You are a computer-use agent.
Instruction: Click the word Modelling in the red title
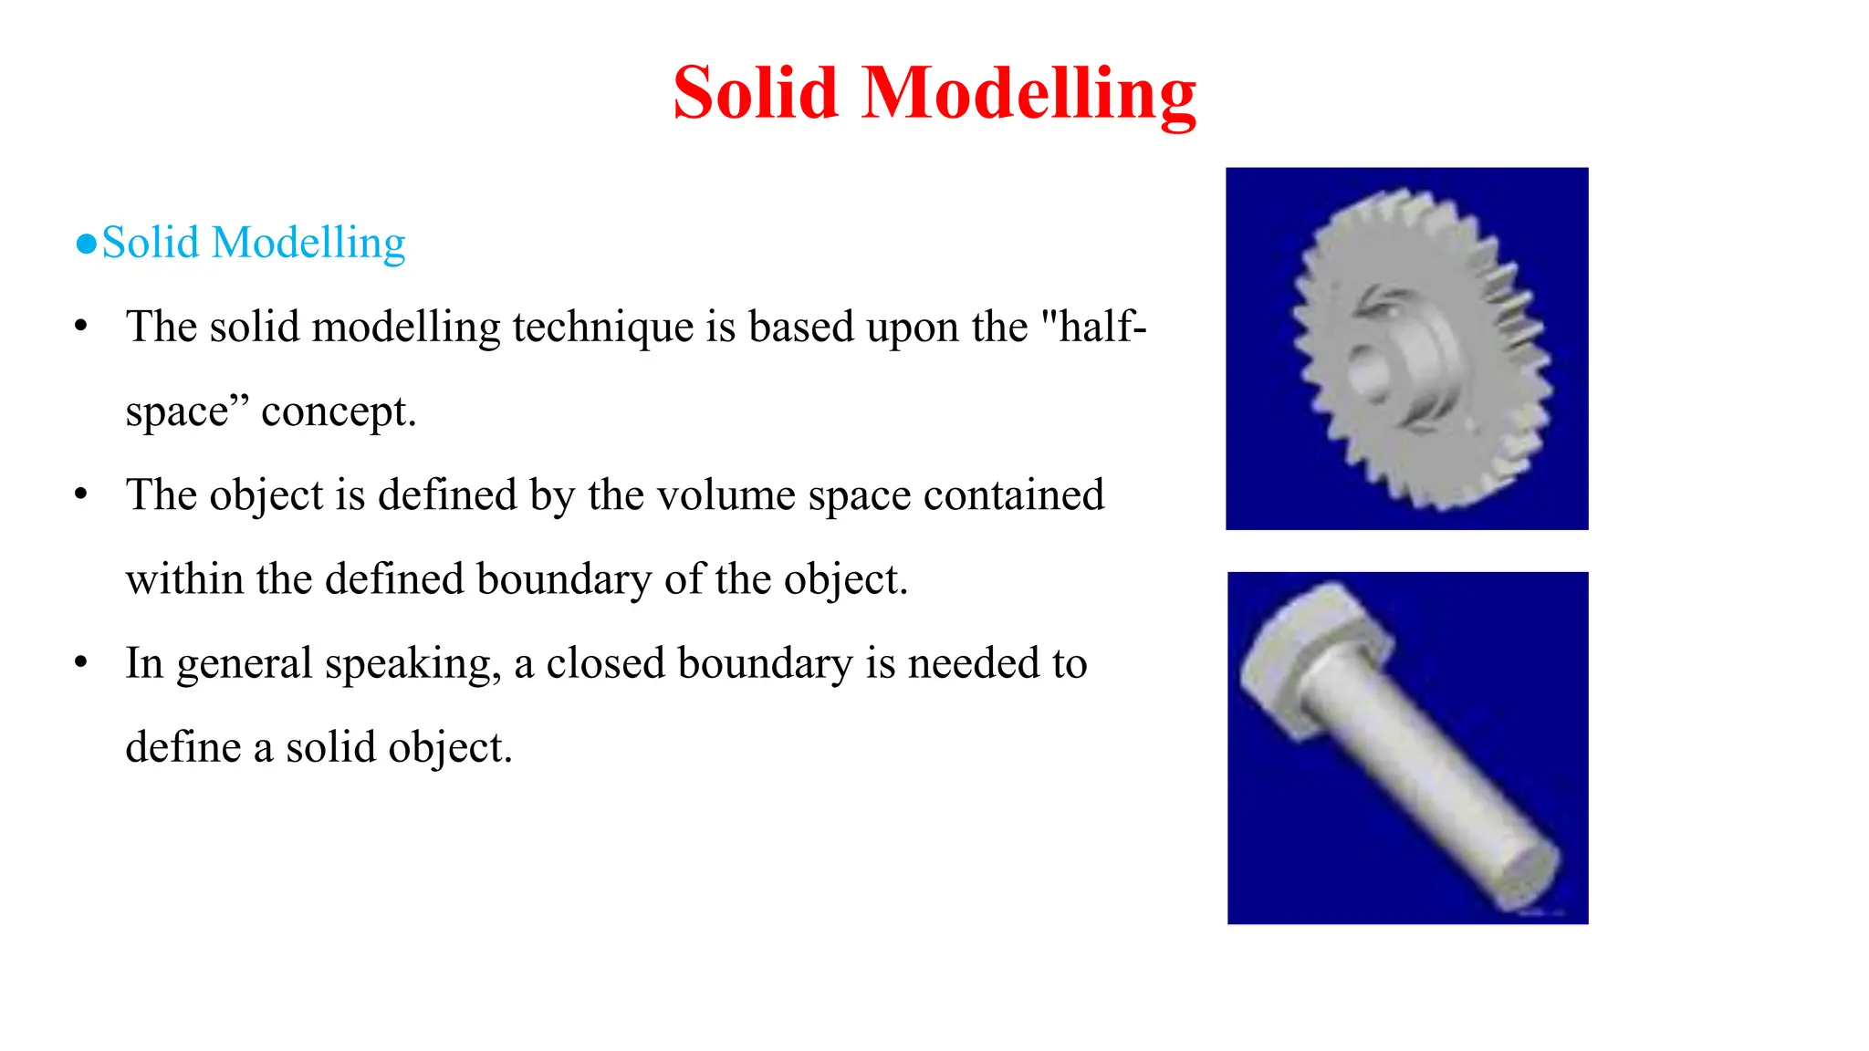[1028, 93]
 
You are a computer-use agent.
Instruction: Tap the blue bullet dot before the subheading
[87, 245]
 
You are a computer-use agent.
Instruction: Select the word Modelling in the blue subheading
[308, 244]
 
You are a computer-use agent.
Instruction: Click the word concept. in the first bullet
[339, 411]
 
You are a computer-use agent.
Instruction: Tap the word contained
[1013, 495]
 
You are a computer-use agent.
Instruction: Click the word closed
[605, 663]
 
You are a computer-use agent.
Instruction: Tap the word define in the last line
[183, 747]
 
